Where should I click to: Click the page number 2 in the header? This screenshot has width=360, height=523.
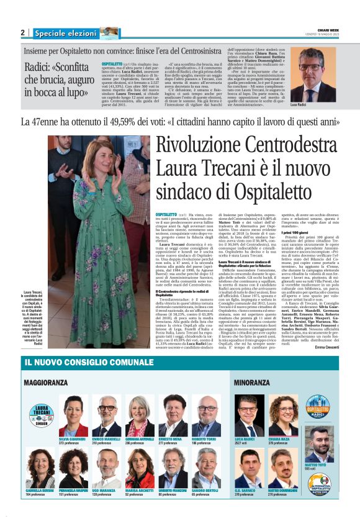tap(22, 33)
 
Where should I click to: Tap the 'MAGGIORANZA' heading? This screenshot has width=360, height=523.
tap(47, 382)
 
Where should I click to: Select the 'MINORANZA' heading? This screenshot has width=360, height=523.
tap(251, 382)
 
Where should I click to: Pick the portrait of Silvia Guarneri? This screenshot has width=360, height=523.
tap(73, 411)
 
